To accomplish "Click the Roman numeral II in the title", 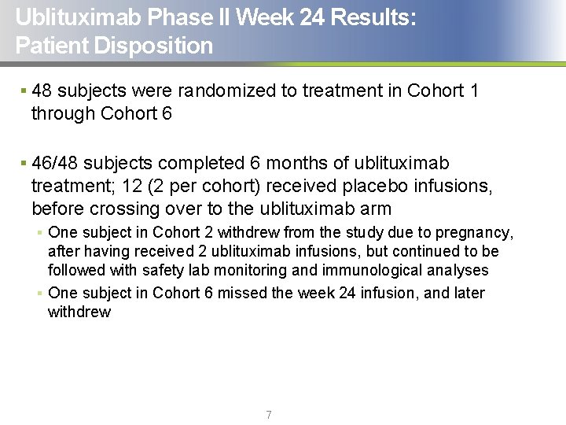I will (x=225, y=17).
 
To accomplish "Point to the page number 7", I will (x=269, y=415).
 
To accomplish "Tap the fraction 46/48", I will (x=55, y=164).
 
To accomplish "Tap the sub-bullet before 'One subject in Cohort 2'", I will (x=39, y=232).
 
